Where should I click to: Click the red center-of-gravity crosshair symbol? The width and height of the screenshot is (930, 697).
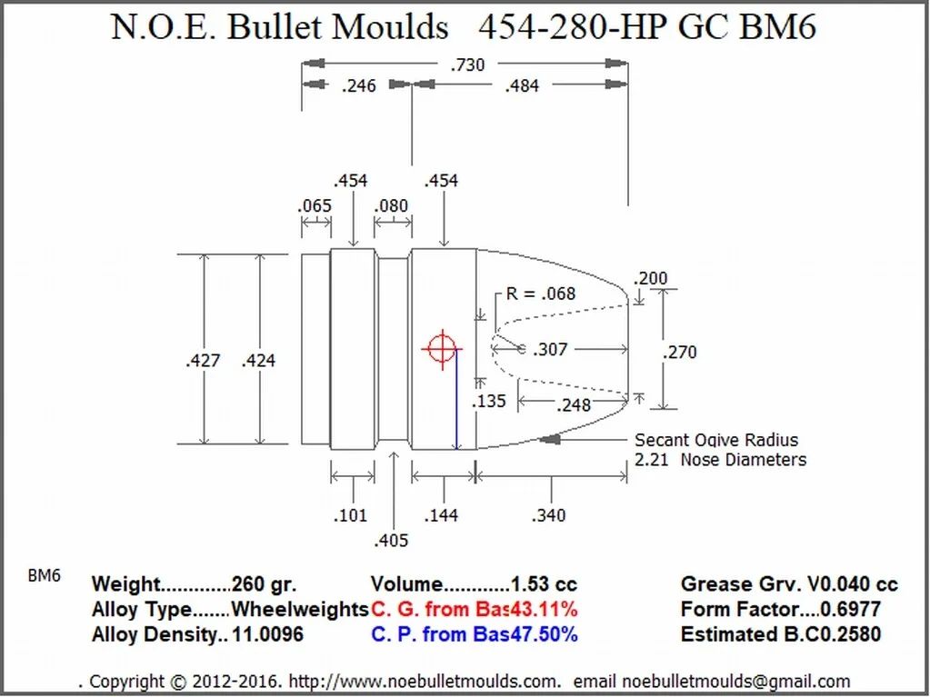[x=442, y=349]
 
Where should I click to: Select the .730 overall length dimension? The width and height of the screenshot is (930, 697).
[x=467, y=65]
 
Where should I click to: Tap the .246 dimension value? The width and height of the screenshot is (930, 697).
[x=359, y=86]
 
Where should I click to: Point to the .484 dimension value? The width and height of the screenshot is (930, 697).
[x=522, y=86]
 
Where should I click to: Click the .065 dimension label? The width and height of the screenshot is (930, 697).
[x=315, y=205]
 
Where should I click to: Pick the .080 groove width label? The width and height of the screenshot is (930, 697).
[x=391, y=205]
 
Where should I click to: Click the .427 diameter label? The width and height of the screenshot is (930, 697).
[x=203, y=361]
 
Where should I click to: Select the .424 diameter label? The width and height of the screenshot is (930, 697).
[x=258, y=361]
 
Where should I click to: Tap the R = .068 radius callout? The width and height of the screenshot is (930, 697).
[x=540, y=294]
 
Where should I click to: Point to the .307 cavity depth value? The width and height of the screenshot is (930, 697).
[x=550, y=350]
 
